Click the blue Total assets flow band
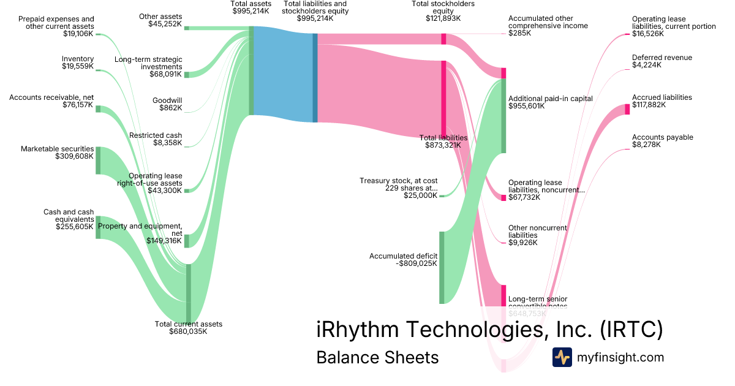283,74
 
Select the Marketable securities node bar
98,161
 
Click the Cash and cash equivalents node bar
98,227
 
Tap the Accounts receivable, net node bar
98,109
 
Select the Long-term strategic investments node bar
187,75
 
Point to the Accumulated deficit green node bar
442,267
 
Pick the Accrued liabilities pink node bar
627,109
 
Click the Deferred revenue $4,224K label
646,65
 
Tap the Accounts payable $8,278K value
646,145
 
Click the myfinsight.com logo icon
562,357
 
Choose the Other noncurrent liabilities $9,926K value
522,243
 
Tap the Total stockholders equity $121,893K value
443,18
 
